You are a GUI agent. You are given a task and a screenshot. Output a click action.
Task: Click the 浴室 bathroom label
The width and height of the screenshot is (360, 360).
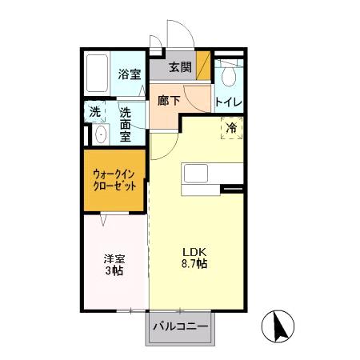coord(129,74)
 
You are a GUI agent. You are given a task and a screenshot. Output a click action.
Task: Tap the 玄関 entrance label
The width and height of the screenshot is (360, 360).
coord(180,67)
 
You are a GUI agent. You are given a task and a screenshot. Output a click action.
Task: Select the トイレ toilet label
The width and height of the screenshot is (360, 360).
coord(229,103)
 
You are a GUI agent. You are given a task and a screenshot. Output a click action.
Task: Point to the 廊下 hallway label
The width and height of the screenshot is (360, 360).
coord(169,102)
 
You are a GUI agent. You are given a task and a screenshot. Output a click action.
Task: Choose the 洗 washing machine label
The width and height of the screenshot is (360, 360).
coord(95,113)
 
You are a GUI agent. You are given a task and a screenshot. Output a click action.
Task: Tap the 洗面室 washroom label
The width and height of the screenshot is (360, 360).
coord(126,124)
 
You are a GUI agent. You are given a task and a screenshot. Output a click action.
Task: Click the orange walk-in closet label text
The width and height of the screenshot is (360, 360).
coord(114,179)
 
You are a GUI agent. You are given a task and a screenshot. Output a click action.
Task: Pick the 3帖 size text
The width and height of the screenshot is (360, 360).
coord(113,272)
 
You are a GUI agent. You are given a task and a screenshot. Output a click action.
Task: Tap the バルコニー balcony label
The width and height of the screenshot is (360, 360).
coord(180,327)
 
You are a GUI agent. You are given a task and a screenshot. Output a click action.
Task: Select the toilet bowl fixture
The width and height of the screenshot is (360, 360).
coord(228,77)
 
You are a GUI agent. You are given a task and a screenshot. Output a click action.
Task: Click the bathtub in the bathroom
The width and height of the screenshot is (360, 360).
coord(97,74)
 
